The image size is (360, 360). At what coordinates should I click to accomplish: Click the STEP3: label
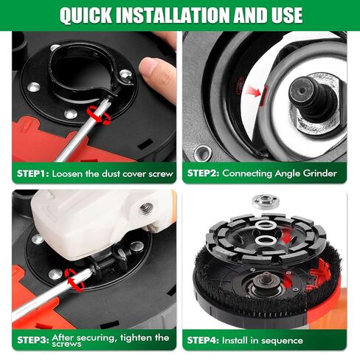[x=32, y=338]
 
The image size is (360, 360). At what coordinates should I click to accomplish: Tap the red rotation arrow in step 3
[x=72, y=277]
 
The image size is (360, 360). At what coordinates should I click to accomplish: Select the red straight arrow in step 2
[x=256, y=92]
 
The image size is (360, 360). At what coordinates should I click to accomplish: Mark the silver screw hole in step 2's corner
[x=200, y=153]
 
